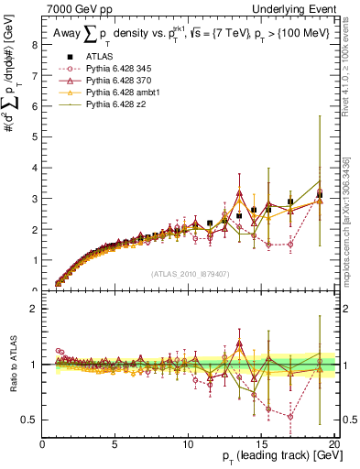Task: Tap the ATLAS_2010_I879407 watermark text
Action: (189, 273)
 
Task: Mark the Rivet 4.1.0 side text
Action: (352, 69)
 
